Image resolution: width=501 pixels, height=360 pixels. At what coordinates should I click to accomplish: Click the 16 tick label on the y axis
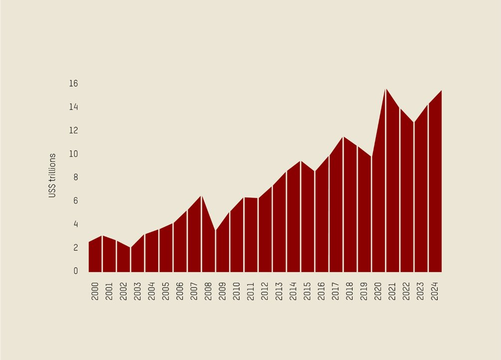click(x=73, y=83)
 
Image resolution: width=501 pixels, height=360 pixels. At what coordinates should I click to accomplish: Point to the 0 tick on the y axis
click(x=75, y=271)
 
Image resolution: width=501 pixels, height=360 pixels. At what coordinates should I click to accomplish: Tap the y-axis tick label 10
click(x=73, y=154)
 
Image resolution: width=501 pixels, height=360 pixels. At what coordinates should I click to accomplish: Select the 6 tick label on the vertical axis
click(x=75, y=201)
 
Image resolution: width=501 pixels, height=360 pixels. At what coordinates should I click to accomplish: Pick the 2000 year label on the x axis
click(x=95, y=291)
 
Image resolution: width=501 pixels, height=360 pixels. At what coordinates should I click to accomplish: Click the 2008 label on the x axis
click(x=208, y=291)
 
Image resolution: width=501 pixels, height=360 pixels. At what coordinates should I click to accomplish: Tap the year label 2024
click(x=435, y=291)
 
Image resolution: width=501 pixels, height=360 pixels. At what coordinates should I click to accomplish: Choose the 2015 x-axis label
click(x=307, y=291)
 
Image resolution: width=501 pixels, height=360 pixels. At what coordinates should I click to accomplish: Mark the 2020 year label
click(x=378, y=291)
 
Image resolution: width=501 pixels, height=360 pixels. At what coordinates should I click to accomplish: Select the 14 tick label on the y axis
click(x=73, y=107)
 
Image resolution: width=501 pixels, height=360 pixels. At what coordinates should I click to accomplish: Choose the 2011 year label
click(x=250, y=291)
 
